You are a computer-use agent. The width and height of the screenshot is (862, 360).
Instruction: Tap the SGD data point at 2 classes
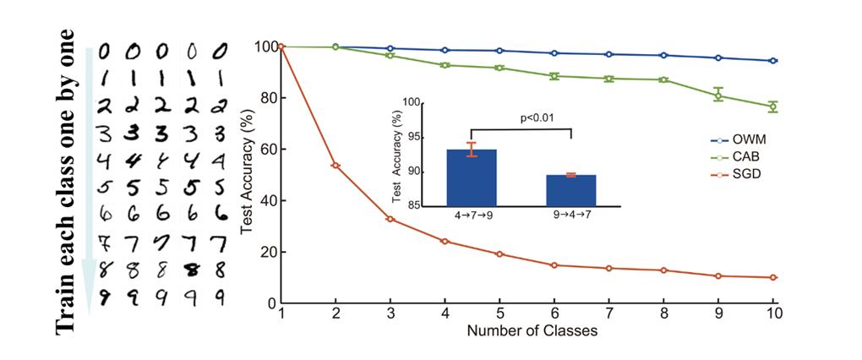pos(336,166)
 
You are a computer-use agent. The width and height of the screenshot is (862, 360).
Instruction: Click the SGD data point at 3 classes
pos(390,219)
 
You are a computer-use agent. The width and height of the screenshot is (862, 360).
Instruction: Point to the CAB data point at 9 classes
pos(718,95)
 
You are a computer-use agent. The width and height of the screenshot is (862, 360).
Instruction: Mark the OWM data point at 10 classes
pos(773,61)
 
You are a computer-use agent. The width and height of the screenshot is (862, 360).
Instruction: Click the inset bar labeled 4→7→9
pos(472,177)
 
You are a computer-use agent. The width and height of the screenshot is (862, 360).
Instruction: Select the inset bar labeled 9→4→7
pos(571,190)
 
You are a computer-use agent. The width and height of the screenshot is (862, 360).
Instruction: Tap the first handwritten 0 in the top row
pos(105,52)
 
